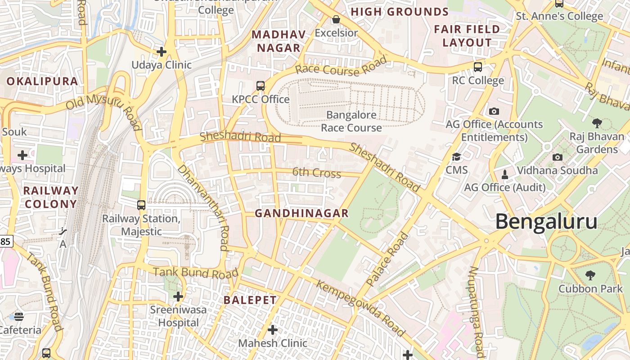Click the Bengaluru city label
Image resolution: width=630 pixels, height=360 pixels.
coord(546,222)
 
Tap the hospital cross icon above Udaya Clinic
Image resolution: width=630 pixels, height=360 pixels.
coord(162,52)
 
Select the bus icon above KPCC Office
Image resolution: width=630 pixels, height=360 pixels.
coord(260,85)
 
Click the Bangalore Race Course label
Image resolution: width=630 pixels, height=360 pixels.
coord(351,121)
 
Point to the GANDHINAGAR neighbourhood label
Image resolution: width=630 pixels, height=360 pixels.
coord(301,213)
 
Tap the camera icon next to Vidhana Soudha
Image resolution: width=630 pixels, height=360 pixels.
coord(557,157)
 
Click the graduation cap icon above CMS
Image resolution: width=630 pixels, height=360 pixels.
coord(456,157)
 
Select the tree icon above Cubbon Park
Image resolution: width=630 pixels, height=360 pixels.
coord(590,275)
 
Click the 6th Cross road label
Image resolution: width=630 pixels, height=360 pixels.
coord(316,172)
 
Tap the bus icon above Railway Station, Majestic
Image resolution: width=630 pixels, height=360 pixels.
coord(141,205)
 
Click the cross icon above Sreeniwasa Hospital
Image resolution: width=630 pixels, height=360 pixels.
coord(178,297)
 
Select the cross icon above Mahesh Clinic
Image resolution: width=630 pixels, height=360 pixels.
coord(272,330)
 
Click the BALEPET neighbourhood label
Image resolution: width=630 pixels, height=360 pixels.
coord(250,300)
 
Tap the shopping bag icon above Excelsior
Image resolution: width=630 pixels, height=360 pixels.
coord(336,19)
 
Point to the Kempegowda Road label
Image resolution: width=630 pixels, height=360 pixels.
coord(360,308)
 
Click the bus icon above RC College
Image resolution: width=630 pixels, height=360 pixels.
coord(478,67)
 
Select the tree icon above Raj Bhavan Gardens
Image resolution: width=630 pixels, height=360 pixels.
coord(597,123)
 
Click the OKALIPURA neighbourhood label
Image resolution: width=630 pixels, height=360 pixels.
coord(42,81)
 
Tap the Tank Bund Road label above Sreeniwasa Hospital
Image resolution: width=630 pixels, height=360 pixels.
coord(195,273)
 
